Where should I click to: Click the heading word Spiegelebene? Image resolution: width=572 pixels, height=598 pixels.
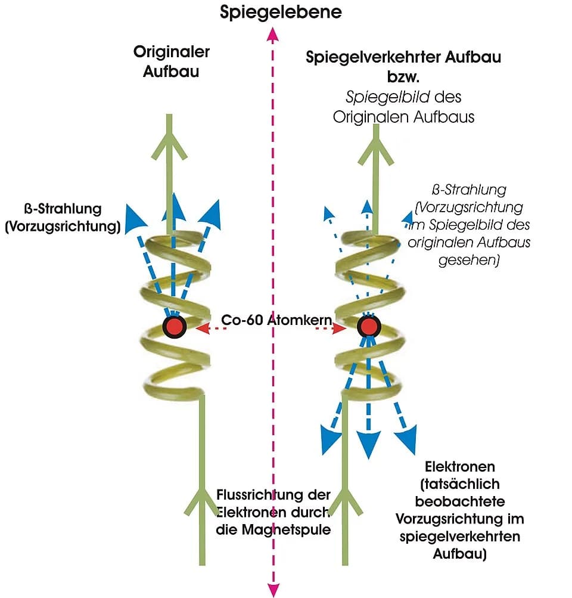coord(281,12)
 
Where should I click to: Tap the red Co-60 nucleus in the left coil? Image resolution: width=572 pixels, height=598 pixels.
coord(175,327)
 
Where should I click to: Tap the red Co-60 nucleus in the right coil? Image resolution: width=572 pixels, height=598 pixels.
coord(369,327)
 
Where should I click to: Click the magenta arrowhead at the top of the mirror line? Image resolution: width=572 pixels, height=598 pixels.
coord(272,35)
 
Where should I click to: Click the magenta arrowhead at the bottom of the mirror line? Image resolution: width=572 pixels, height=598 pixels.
coord(273,590)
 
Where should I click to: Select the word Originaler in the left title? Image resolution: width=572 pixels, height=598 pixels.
coord(172,52)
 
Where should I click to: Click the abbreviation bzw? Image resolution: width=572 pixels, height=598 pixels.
coord(403,77)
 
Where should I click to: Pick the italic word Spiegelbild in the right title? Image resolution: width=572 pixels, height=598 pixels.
coord(387,97)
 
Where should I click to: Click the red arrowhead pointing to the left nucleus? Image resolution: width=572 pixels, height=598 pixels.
coord(203,328)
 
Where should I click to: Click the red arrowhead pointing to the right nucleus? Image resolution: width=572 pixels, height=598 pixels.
coord(339,328)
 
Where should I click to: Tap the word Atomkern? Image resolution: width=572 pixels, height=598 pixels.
coord(300,320)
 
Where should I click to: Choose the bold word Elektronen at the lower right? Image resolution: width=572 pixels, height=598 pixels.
coord(460,467)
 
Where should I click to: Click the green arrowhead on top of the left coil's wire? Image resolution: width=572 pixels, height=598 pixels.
coord(169,147)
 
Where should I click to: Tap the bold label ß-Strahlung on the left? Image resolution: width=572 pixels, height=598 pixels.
coord(63,209)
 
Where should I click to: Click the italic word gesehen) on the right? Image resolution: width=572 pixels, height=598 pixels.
coord(469,260)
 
